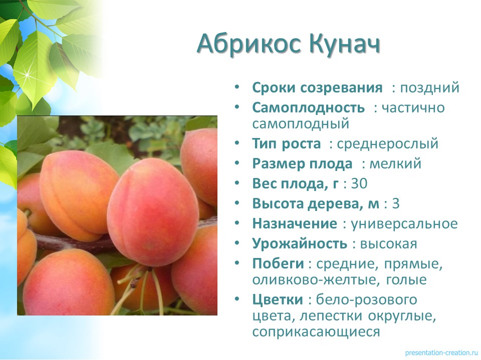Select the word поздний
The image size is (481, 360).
pos(429,88)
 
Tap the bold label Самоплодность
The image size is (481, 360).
pos(308,108)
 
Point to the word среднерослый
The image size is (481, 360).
pos(387,144)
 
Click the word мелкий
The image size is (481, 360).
pos(395,163)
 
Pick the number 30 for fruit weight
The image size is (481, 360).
pos(359,183)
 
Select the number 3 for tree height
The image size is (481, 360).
pos(396,204)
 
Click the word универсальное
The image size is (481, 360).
pos(404,224)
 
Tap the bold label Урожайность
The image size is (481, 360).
pos(300,244)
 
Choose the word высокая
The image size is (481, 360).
pos(388,244)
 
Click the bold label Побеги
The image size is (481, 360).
pos(278,263)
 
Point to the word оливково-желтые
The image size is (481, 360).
pos(314,280)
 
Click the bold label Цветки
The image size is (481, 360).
pos(278,299)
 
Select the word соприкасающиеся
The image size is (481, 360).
pos(316,332)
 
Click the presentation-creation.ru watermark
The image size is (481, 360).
pos(442,352)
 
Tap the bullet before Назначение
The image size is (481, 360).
pos(236,223)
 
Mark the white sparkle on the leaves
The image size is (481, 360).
pos(28,74)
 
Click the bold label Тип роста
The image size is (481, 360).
pos(287,144)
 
